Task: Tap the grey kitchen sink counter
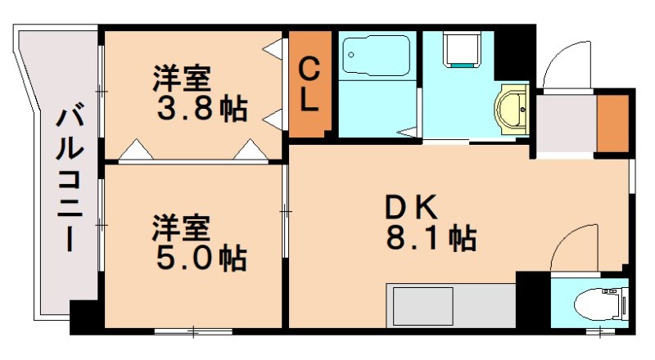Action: (x=450, y=305)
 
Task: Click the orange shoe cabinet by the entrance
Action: (x=612, y=123)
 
